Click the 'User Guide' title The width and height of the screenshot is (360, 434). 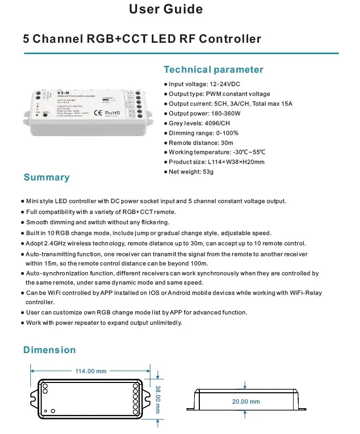click(x=165, y=9)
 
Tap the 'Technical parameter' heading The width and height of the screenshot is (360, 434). click(x=213, y=70)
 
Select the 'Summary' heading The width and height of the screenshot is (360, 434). click(x=46, y=177)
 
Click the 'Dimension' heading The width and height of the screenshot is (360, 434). click(x=49, y=350)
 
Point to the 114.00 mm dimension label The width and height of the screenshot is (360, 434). click(x=91, y=371)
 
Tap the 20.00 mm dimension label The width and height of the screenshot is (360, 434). click(x=245, y=402)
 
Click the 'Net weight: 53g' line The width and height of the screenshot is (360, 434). click(x=191, y=172)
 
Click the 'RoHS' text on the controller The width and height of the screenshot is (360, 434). click(x=112, y=111)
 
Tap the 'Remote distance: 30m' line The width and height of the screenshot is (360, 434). click(x=201, y=143)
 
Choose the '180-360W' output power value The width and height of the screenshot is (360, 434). click(x=230, y=113)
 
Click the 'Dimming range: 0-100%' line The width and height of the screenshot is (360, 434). click(x=203, y=133)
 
